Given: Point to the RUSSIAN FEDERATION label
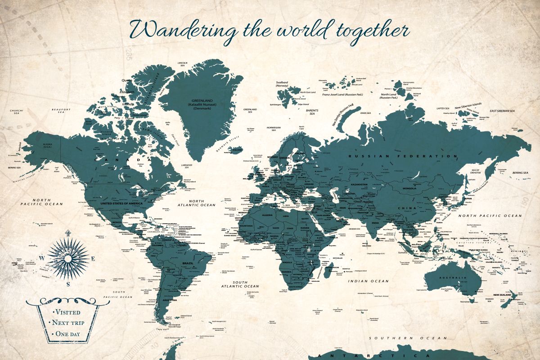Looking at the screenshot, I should pyautogui.click(x=403, y=156).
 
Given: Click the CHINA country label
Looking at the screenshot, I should pyautogui.click(x=407, y=208).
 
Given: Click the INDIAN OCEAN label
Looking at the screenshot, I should pyautogui.click(x=368, y=281).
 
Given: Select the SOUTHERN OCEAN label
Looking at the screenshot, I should pyautogui.click(x=408, y=337).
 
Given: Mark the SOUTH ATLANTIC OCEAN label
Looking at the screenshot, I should pyautogui.click(x=240, y=284).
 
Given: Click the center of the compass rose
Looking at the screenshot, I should pyautogui.click(x=68, y=258).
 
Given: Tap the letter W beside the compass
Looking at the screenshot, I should pyautogui.click(x=42, y=258).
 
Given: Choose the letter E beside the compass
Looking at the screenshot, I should pyautogui.click(x=93, y=258).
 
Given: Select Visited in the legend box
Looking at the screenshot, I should pyautogui.click(x=67, y=312).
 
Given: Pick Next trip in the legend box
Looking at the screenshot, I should pyautogui.click(x=67, y=323).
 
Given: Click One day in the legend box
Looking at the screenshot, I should pyautogui.click(x=67, y=334).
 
